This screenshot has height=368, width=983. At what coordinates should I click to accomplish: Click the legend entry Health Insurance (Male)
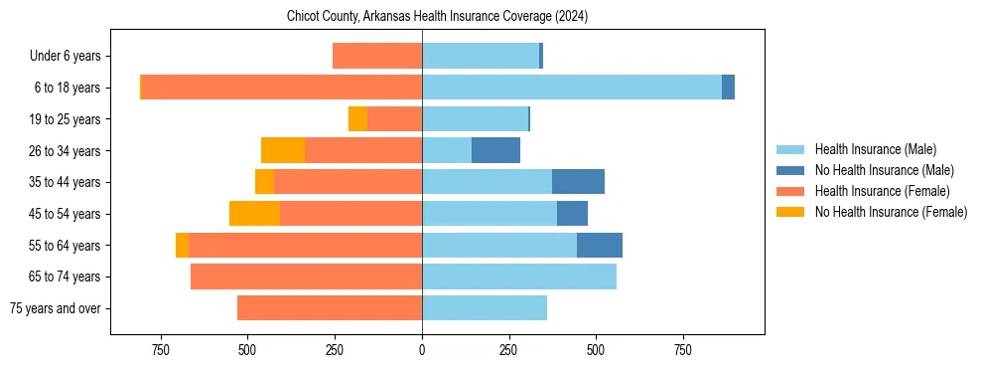875,149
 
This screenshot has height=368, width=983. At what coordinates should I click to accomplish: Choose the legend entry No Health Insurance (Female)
891,212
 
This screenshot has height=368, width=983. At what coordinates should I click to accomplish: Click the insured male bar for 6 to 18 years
572,88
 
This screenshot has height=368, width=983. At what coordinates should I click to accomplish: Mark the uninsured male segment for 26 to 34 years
495,150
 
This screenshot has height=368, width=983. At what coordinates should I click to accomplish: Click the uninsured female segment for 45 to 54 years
254,214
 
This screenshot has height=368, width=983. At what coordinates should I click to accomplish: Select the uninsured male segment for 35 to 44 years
578,182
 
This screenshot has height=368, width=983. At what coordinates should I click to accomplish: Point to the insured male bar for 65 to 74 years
519,276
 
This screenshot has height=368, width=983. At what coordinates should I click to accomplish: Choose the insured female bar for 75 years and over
330,308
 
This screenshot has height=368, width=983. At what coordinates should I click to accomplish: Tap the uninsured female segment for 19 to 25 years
357,119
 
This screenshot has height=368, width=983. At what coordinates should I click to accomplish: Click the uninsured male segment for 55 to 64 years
600,245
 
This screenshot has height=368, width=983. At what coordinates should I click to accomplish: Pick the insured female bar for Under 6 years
377,56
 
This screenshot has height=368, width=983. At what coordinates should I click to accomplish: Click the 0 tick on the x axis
422,350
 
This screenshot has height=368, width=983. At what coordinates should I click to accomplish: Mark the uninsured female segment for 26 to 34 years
283,150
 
